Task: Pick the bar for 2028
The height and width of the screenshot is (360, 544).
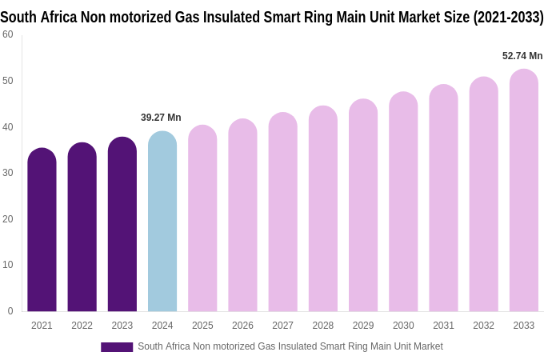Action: pyautogui.click(x=323, y=209)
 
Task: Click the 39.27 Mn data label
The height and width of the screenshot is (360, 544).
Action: pyautogui.click(x=161, y=118)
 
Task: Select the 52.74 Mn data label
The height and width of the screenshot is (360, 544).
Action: pyautogui.click(x=522, y=56)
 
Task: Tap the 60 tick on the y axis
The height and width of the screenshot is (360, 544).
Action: pyautogui.click(x=8, y=34)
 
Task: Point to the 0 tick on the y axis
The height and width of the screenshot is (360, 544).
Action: pyautogui.click(x=10, y=311)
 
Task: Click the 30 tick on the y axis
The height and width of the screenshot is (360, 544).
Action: pyautogui.click(x=8, y=173)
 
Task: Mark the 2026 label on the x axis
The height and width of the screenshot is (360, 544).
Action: pyautogui.click(x=242, y=326)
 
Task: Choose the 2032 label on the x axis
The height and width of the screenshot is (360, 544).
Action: pyautogui.click(x=483, y=326)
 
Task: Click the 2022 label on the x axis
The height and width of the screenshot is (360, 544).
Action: pyautogui.click(x=82, y=326)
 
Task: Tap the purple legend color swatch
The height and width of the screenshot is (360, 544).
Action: pyautogui.click(x=117, y=347)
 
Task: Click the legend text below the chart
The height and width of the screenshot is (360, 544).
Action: pyautogui.click(x=290, y=346)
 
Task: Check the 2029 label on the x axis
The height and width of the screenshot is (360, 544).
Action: pyautogui.click(x=363, y=326)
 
